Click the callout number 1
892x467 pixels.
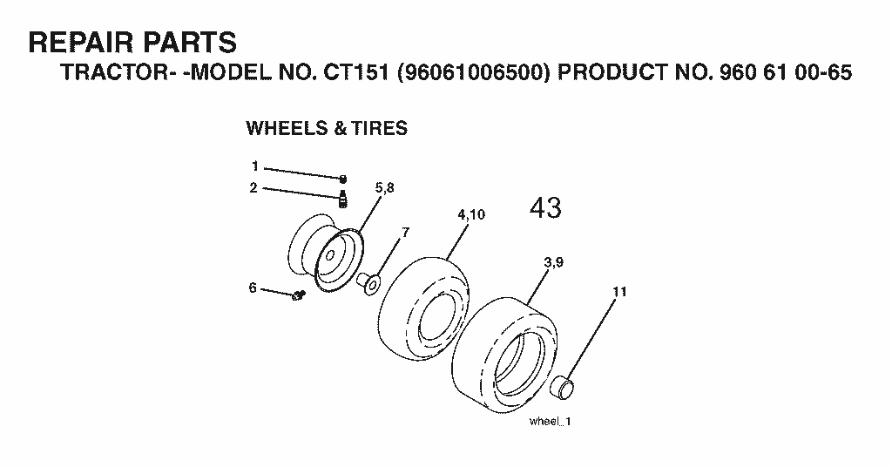[255, 166]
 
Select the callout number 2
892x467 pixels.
[253, 187]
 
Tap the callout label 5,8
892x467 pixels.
[384, 188]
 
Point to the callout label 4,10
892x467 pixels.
[471, 214]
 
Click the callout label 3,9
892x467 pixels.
[553, 262]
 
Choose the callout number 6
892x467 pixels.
[253, 288]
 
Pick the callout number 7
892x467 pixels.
[405, 232]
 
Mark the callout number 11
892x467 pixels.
[619, 292]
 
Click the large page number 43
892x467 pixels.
[545, 207]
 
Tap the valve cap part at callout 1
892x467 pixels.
[343, 179]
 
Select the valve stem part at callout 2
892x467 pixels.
[343, 199]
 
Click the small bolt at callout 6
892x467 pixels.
[299, 295]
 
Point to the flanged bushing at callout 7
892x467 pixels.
[368, 282]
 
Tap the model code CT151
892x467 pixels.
[356, 72]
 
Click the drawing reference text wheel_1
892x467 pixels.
[550, 422]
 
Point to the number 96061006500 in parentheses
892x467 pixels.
[473, 72]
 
